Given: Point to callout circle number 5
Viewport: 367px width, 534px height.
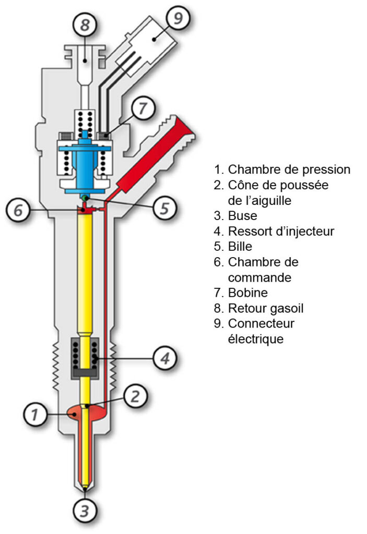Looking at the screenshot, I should [x=163, y=208].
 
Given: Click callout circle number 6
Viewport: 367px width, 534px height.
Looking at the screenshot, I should [x=18, y=211].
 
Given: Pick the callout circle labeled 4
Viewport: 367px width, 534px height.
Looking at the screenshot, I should [x=164, y=358].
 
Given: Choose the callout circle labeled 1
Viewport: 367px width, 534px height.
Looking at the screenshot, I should [x=35, y=415].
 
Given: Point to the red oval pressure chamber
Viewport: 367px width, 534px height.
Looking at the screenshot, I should [x=73, y=413].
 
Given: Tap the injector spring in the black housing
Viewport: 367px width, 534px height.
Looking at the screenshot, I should [x=85, y=354].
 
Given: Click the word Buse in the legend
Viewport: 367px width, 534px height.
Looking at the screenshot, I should [x=243, y=215].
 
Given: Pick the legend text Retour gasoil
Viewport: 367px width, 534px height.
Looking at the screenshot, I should [x=266, y=308].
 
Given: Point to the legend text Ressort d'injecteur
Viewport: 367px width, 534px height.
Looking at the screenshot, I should [x=281, y=230].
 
